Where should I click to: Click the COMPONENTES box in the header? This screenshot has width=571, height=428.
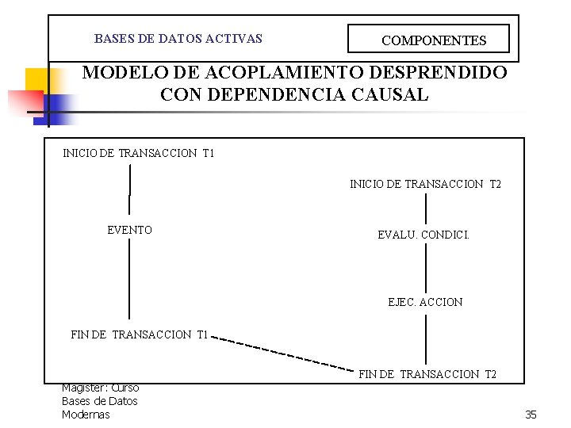pos(433,40)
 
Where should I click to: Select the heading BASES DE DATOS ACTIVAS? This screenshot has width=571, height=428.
pos(178,38)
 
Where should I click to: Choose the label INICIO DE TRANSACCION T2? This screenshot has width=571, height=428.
pos(425,185)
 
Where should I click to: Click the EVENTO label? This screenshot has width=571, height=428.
pos(129,230)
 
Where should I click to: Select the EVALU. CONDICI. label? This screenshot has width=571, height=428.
pos(423,235)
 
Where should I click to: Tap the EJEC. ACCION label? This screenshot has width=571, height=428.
pos(425,302)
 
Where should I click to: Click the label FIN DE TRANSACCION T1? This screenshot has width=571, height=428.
pos(139,334)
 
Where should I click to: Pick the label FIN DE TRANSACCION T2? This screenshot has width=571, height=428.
pos(427,374)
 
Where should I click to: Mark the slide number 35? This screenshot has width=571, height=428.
pos(531,415)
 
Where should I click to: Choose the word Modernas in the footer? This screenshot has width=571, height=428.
pos(86,415)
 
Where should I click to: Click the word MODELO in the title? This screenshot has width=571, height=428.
pos(121,73)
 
